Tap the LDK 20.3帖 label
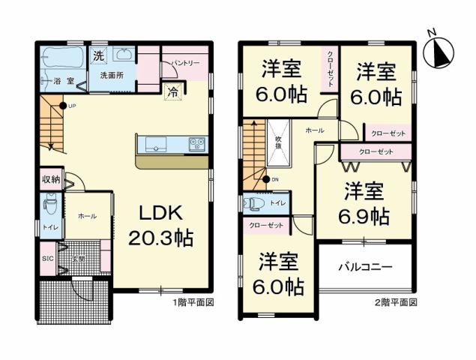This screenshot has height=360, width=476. point(164,225)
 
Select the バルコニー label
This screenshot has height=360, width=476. point(365,266)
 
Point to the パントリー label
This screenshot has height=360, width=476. point(184,64)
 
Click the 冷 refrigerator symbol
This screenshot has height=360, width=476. point(173,93)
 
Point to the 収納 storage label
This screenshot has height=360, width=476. point(51,180)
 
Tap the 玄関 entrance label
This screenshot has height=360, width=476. point(78,259)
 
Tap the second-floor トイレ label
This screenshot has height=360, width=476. point(277,203)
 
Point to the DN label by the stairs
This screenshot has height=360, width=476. point(274,179)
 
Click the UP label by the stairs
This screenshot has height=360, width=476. point(72,106)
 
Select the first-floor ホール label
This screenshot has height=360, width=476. point(86,216)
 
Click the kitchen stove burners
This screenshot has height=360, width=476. point(196,142)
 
